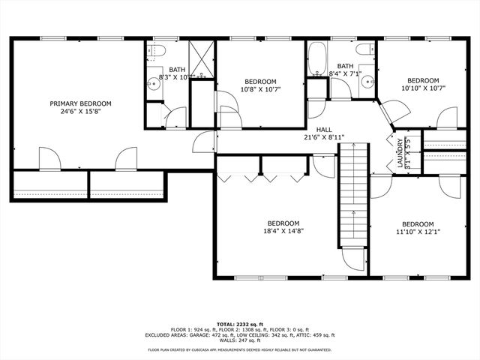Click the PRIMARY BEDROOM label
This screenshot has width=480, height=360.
[80, 103]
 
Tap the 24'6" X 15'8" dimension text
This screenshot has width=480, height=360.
[80, 112]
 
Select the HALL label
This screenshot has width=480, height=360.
[324, 129]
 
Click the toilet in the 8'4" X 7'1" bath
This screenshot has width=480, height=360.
[365, 50]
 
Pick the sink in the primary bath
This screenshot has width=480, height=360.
[154, 82]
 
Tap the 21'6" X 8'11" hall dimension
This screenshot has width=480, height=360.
[324, 138]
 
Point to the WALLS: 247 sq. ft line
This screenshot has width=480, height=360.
[240, 341]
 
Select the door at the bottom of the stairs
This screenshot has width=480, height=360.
[352, 257]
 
